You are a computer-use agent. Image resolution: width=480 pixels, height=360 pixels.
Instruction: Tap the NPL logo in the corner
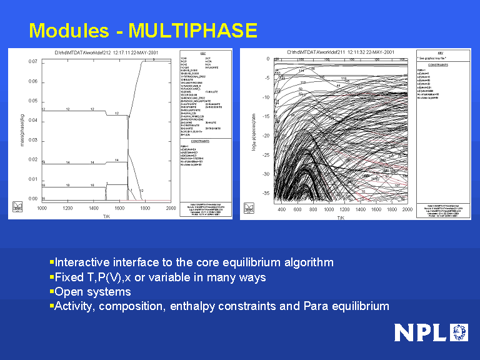tap(431, 332)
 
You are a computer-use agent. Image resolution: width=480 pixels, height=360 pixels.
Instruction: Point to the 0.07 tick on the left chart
tap(32, 62)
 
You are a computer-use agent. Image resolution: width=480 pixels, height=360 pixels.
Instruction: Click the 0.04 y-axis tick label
tap(32, 121)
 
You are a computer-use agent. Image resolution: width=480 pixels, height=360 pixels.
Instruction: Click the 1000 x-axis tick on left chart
tap(42, 208)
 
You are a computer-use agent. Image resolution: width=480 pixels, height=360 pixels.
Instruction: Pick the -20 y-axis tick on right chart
tap(266, 136)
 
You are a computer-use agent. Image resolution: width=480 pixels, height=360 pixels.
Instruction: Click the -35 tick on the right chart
tap(266, 194)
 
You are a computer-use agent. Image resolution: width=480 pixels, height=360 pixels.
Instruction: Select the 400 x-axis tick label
tap(281, 209)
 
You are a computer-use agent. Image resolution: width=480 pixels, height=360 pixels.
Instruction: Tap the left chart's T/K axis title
tap(106, 214)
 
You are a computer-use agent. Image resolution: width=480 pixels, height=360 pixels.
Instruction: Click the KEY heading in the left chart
tap(203, 54)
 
